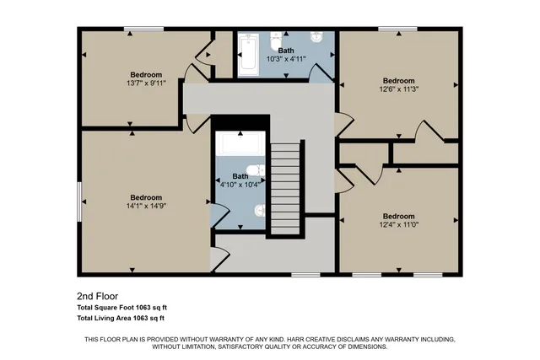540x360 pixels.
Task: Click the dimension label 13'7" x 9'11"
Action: coord(146,83)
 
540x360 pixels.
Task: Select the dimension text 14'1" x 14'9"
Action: coord(146,206)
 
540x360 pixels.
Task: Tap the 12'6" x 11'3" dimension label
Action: coord(398,91)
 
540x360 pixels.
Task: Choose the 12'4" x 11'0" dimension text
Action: coord(398,225)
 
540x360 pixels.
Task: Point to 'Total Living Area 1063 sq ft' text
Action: coord(121,319)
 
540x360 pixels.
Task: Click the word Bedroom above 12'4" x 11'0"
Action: coord(398,216)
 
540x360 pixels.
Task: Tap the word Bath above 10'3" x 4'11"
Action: coord(286,51)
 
